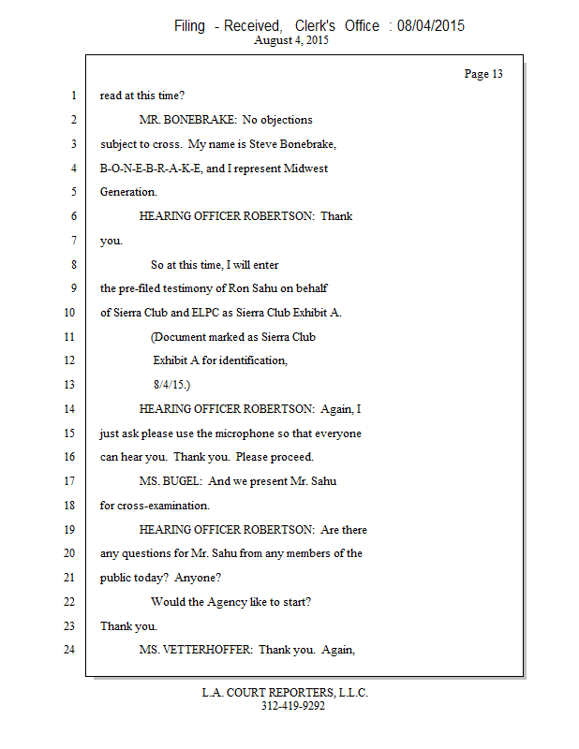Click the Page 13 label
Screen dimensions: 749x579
(x=483, y=74)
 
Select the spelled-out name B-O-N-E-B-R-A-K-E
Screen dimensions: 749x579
(x=146, y=169)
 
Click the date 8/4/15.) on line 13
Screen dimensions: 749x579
(x=171, y=385)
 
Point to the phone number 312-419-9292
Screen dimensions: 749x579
(x=292, y=706)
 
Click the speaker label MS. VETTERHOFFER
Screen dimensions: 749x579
(x=196, y=650)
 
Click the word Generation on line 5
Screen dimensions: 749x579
(x=128, y=193)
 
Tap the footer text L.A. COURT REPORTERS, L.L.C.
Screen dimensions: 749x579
(x=285, y=693)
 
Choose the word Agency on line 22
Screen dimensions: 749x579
(x=236, y=602)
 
